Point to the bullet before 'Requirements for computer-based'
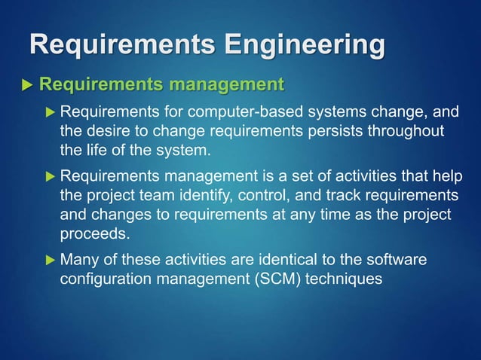50,113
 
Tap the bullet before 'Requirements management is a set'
50,177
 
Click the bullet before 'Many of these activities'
50,261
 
